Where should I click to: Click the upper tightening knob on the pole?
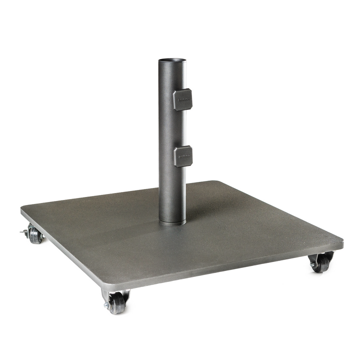tap(182, 99)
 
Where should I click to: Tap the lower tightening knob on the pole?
tap(183, 156)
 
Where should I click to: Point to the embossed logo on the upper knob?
tap(184, 100)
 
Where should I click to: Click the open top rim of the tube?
tap(172, 60)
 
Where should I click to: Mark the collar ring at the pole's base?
tap(173, 220)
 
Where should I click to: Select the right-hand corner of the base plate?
tap(341, 242)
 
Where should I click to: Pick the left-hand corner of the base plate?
tap(23, 209)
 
